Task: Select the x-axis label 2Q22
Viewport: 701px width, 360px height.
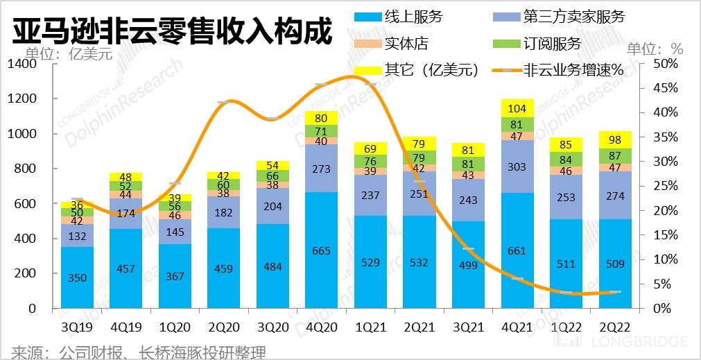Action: click(x=611, y=325)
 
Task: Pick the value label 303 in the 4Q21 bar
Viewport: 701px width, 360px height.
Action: click(x=515, y=166)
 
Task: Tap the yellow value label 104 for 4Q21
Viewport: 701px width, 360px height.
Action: click(x=516, y=108)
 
